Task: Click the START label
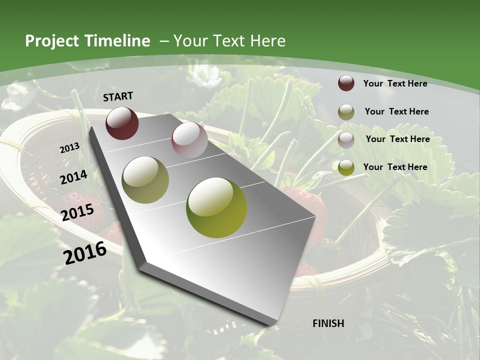coord(118,96)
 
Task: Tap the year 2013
coord(69,148)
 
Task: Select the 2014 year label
coord(73,177)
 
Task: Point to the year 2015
coord(77,212)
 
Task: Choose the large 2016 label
coord(85,252)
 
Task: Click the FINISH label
coord(328,323)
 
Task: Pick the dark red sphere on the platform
coord(122,123)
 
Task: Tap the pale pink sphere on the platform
coord(189,140)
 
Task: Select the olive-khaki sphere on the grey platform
coord(145,180)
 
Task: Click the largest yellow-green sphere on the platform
coord(216,207)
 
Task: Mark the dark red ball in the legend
coord(346,83)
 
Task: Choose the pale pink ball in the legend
coord(346,139)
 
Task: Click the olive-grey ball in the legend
coord(346,111)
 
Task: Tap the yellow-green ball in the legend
coord(346,167)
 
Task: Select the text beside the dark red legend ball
coord(395,83)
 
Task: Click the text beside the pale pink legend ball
coord(397,139)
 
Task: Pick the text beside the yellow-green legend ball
coord(395,167)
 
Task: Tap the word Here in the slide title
coord(267,41)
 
